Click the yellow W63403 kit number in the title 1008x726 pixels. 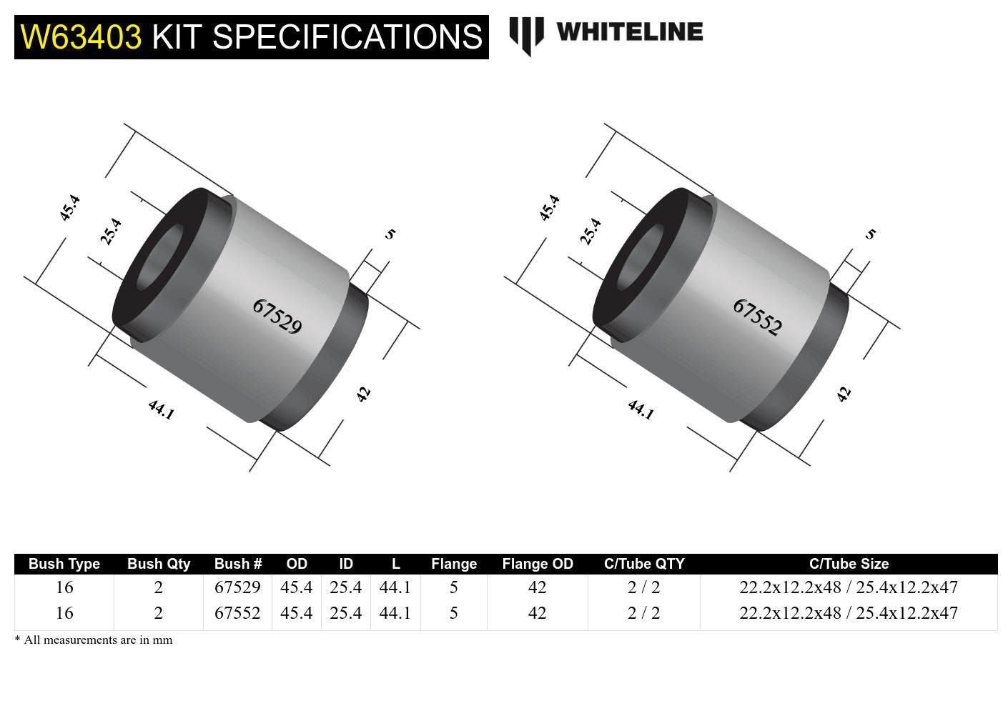[x=81, y=37]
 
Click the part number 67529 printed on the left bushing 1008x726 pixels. [x=277, y=317]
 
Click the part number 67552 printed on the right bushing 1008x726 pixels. [x=758, y=317]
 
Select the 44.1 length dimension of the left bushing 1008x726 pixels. [x=161, y=409]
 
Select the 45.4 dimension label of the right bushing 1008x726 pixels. [x=549, y=208]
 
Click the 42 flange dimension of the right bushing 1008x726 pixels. [x=844, y=394]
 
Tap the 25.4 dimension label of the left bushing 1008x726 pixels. [x=111, y=232]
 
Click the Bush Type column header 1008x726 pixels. [x=64, y=564]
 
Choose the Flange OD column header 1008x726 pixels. [x=538, y=564]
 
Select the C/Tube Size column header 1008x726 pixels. [x=849, y=564]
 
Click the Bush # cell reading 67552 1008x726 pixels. [x=237, y=613]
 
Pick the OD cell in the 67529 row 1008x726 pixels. [x=296, y=587]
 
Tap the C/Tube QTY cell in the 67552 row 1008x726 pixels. [x=643, y=613]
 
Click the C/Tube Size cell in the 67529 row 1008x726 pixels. [x=849, y=587]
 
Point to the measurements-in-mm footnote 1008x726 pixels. [x=94, y=640]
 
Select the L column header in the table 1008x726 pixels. [x=395, y=564]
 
